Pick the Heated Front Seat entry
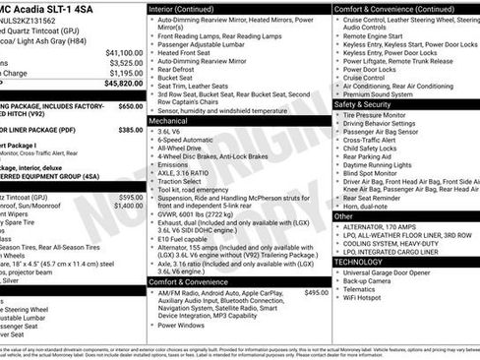pos(192,52)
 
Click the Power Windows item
pos(183,324)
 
